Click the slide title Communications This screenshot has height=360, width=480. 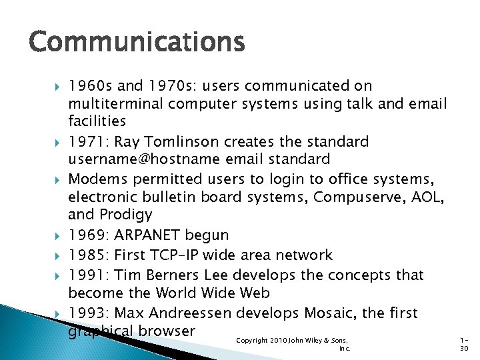click(x=137, y=41)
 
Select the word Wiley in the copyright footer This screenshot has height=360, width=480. click(x=319, y=341)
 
